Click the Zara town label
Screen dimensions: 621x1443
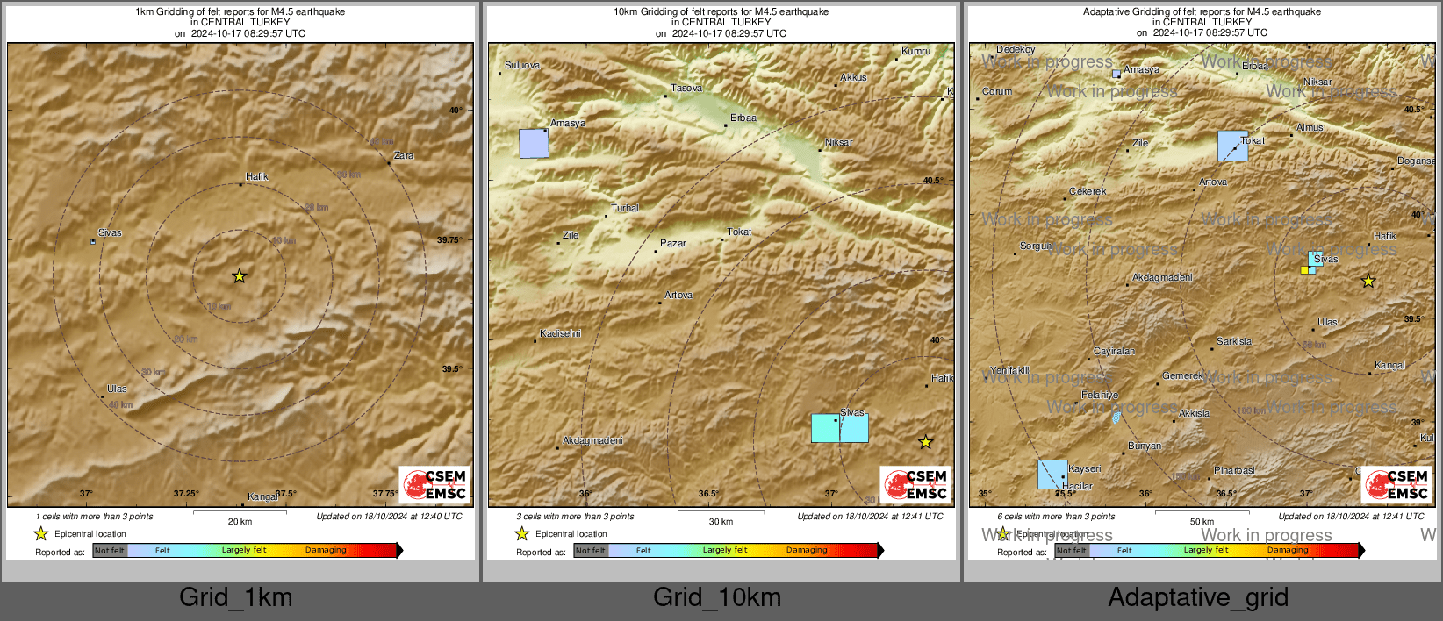[403, 156]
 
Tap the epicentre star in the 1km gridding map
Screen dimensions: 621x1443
[239, 276]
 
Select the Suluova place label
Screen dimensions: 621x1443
[522, 66]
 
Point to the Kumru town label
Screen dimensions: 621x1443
[915, 52]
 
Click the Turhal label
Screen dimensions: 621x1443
[625, 209]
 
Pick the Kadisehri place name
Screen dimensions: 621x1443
[560, 334]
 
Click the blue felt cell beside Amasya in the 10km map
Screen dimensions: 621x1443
[534, 144]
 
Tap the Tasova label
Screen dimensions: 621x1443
[686, 89]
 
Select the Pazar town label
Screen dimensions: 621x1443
[673, 244]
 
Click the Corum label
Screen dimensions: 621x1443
[997, 92]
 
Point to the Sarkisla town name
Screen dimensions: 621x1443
[1234, 342]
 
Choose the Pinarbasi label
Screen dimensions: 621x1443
[1234, 471]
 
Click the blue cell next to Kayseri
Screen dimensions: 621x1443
[1052, 475]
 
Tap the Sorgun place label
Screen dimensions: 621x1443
[1036, 246]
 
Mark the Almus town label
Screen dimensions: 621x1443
[1310, 128]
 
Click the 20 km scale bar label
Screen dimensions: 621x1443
[240, 522]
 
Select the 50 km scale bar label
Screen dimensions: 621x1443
[1202, 522]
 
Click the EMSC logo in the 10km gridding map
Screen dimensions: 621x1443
[916, 485]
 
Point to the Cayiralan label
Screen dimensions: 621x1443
[1114, 352]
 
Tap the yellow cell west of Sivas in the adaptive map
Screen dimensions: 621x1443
[1304, 270]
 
